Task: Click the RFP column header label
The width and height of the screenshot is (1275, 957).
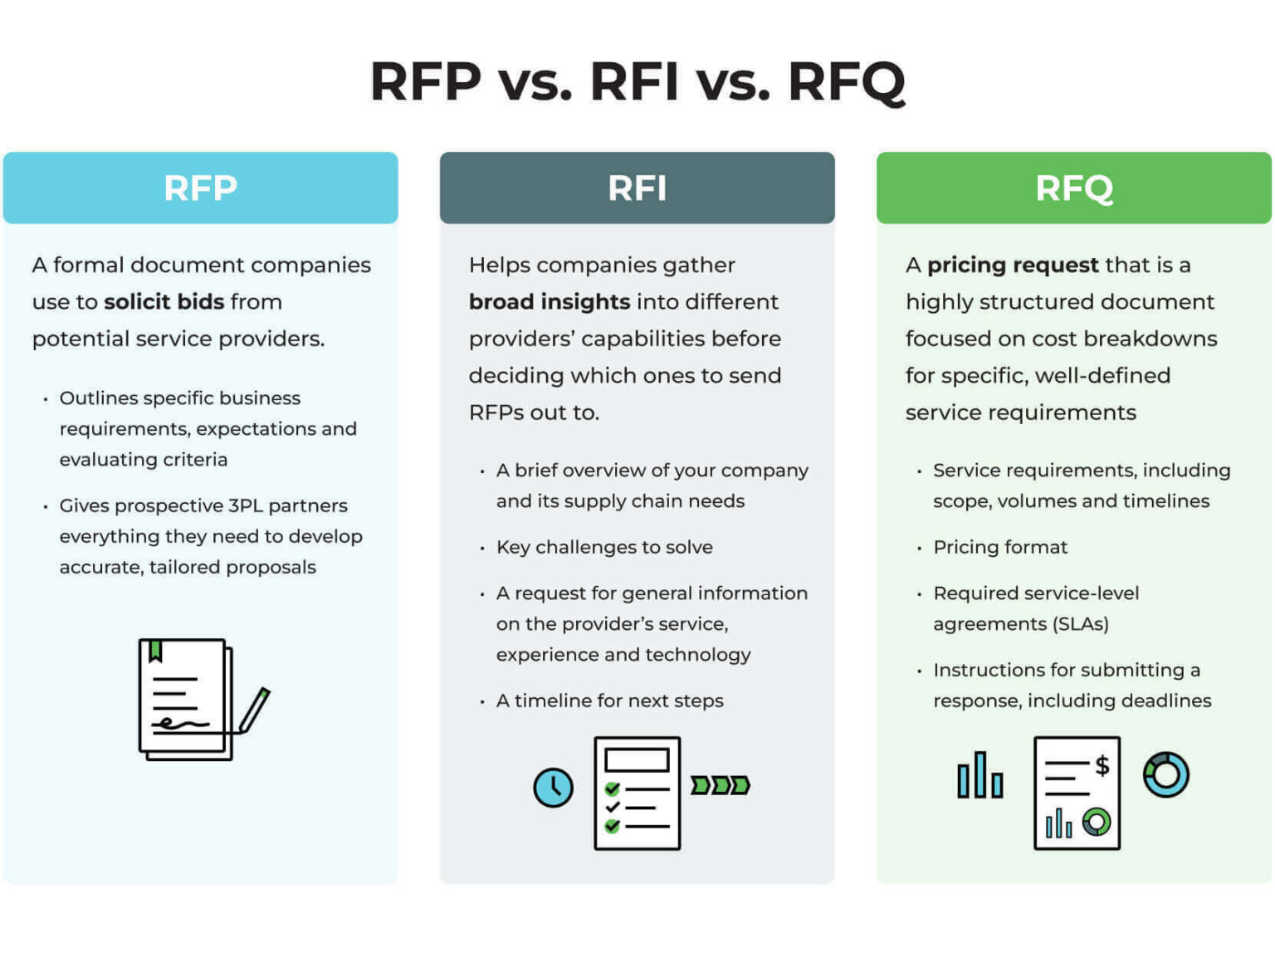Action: pyautogui.click(x=200, y=188)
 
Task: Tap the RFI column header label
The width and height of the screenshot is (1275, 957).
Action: pyautogui.click(x=637, y=188)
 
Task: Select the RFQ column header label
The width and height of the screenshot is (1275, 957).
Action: pyautogui.click(x=1073, y=188)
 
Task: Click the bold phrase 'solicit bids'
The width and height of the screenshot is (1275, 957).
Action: pyautogui.click(x=164, y=301)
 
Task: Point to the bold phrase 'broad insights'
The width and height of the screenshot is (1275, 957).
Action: pyautogui.click(x=549, y=301)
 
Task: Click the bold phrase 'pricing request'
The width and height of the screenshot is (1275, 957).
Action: pyautogui.click(x=1013, y=265)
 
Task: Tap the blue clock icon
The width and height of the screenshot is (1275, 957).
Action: pyautogui.click(x=553, y=787)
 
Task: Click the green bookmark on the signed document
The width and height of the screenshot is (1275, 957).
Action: pyautogui.click(x=155, y=652)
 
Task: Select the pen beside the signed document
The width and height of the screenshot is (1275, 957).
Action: pyautogui.click(x=255, y=710)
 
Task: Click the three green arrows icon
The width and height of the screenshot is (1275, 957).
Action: pyautogui.click(x=721, y=785)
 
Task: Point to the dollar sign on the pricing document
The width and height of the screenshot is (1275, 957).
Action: pyautogui.click(x=1102, y=765)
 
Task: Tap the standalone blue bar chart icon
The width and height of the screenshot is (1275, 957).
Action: pyautogui.click(x=980, y=776)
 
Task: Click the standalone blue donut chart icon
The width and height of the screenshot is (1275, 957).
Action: pyautogui.click(x=1165, y=774)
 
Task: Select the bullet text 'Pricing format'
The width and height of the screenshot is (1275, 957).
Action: pyautogui.click(x=1000, y=547)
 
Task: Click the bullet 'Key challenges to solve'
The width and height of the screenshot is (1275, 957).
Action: pyautogui.click(x=604, y=547)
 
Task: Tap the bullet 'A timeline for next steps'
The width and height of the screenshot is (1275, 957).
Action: pyautogui.click(x=609, y=701)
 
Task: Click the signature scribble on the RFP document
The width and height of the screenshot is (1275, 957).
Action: pyautogui.click(x=178, y=724)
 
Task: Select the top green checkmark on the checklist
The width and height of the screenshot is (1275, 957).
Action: pyautogui.click(x=613, y=789)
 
